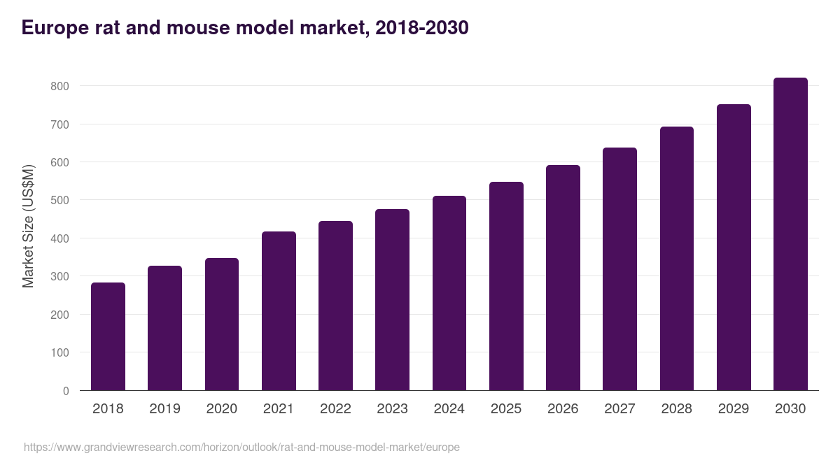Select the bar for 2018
pyautogui.click(x=108, y=336)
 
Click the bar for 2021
pyautogui.click(x=279, y=311)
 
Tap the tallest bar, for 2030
pyautogui.click(x=790, y=234)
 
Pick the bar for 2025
pyautogui.click(x=506, y=286)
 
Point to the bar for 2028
pyautogui.click(x=677, y=259)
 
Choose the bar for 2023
pyautogui.click(x=392, y=300)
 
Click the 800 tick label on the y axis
pyautogui.click(x=59, y=86)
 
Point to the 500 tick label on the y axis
pyautogui.click(x=59, y=200)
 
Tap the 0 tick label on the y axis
pyautogui.click(x=66, y=391)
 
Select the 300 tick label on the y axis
pyautogui.click(x=59, y=276)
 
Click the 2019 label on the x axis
pyautogui.click(x=164, y=409)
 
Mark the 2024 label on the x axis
pyautogui.click(x=449, y=409)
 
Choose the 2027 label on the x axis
pyautogui.click(x=619, y=409)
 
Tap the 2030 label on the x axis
pyautogui.click(x=790, y=409)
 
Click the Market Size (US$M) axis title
pyautogui.click(x=28, y=226)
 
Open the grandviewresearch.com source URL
pyautogui.click(x=241, y=447)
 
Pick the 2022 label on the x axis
pyautogui.click(x=335, y=409)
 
